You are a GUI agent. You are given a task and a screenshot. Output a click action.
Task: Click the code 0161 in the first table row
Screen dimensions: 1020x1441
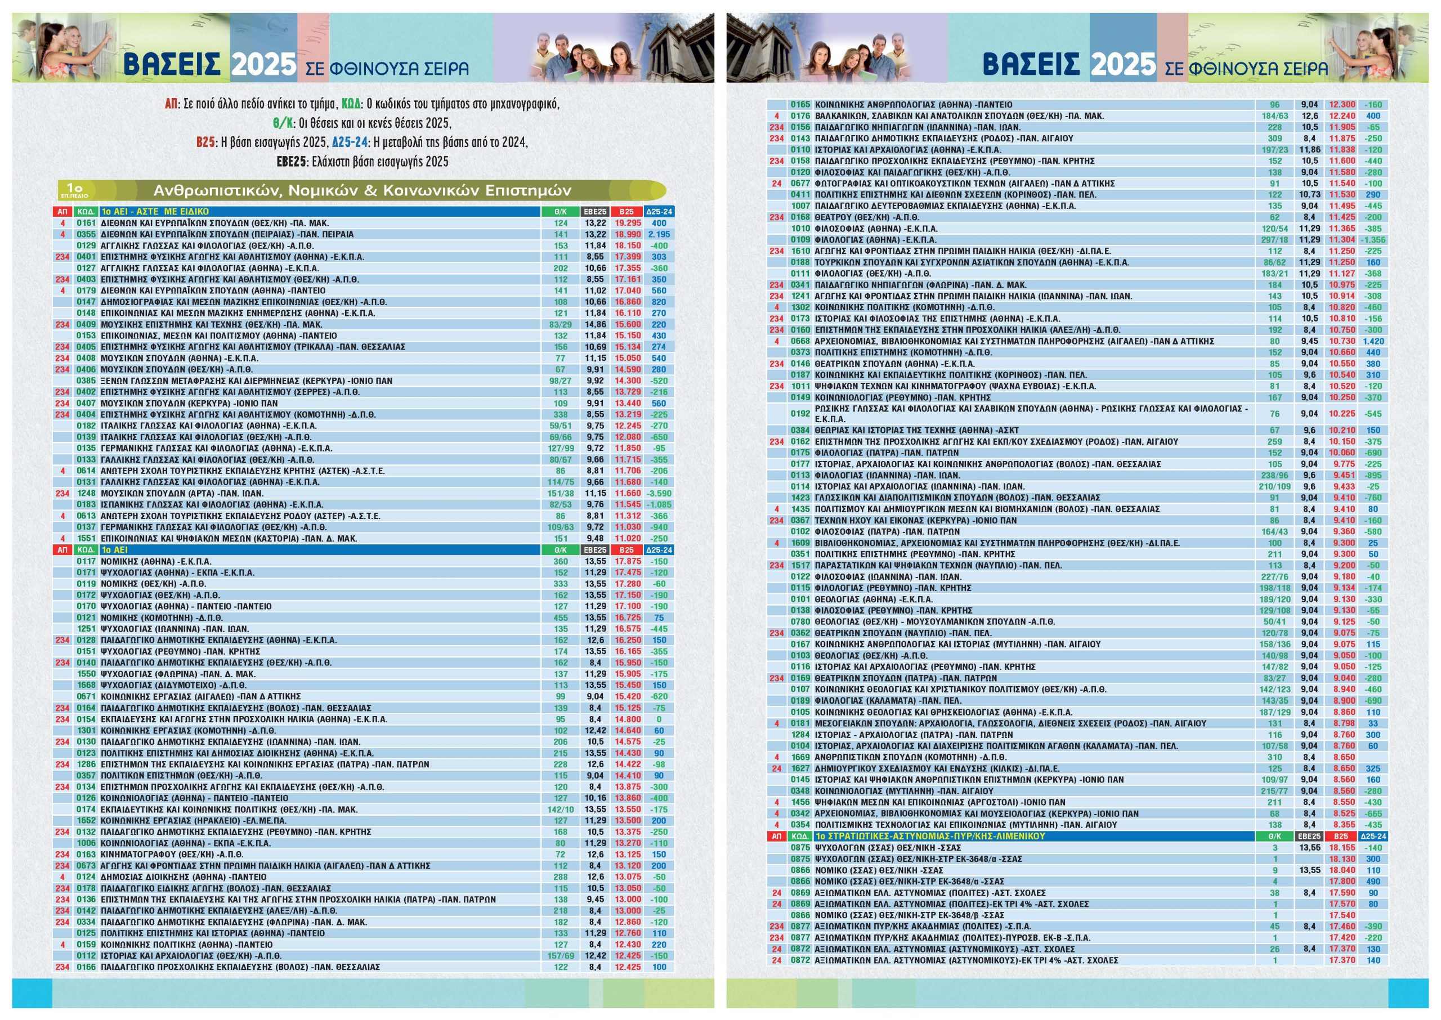coord(86,223)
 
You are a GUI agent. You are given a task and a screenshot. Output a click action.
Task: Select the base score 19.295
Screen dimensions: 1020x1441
coord(627,223)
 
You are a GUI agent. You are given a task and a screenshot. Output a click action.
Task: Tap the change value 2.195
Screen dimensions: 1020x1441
coord(659,234)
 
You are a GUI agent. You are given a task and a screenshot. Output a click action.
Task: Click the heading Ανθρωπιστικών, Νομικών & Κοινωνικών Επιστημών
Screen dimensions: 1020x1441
coord(363,190)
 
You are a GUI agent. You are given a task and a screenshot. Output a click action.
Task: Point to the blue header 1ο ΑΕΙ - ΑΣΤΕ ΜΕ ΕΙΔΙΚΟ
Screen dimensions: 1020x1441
coord(155,212)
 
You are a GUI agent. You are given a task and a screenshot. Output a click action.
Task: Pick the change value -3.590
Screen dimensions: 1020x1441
coord(659,494)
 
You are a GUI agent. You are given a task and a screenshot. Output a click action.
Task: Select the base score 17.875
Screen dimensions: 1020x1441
coord(627,561)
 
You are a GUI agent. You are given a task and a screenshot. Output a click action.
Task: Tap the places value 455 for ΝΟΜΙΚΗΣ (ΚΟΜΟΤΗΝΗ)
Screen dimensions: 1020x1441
coord(561,618)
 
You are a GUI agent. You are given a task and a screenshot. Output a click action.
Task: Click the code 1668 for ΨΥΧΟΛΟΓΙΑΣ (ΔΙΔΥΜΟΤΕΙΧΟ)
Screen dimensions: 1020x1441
coord(86,685)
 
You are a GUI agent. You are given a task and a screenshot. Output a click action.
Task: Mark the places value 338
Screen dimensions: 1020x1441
coord(561,414)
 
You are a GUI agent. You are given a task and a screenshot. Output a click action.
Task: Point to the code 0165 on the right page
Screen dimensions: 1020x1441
coord(800,105)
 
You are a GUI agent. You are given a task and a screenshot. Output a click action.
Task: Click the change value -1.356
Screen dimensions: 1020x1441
coord(1373,240)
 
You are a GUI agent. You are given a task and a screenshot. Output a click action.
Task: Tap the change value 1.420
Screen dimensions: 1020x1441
coord(1373,341)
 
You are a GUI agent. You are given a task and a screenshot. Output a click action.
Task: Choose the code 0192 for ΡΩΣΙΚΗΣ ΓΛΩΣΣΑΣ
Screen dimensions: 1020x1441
coord(800,414)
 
